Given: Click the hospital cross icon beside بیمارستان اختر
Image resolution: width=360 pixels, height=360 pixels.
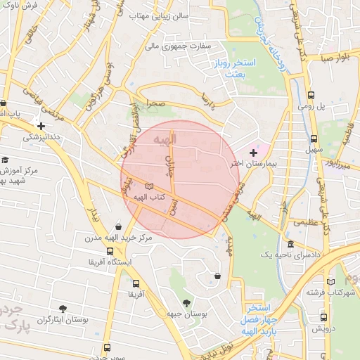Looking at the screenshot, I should [x=253, y=152].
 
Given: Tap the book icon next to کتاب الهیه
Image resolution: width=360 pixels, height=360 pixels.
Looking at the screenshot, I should [x=148, y=186].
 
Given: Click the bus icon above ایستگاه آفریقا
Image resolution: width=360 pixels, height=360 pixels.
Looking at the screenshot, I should [x=109, y=251].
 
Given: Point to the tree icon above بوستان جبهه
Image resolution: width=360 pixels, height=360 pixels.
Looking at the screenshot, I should [x=186, y=303].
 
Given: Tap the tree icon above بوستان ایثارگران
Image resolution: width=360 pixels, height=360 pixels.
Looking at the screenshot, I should [x=63, y=309].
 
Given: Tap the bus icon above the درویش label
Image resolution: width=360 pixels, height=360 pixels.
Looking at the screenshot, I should [x=324, y=316].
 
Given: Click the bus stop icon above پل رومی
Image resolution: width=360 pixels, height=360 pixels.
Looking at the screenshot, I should [x=311, y=95].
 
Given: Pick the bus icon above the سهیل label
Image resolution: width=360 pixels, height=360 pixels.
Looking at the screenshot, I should [x=314, y=139].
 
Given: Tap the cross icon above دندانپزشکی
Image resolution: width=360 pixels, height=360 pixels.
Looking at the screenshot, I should [x=41, y=125].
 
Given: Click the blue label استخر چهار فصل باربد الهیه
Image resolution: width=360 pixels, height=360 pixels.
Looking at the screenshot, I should [x=263, y=318].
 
